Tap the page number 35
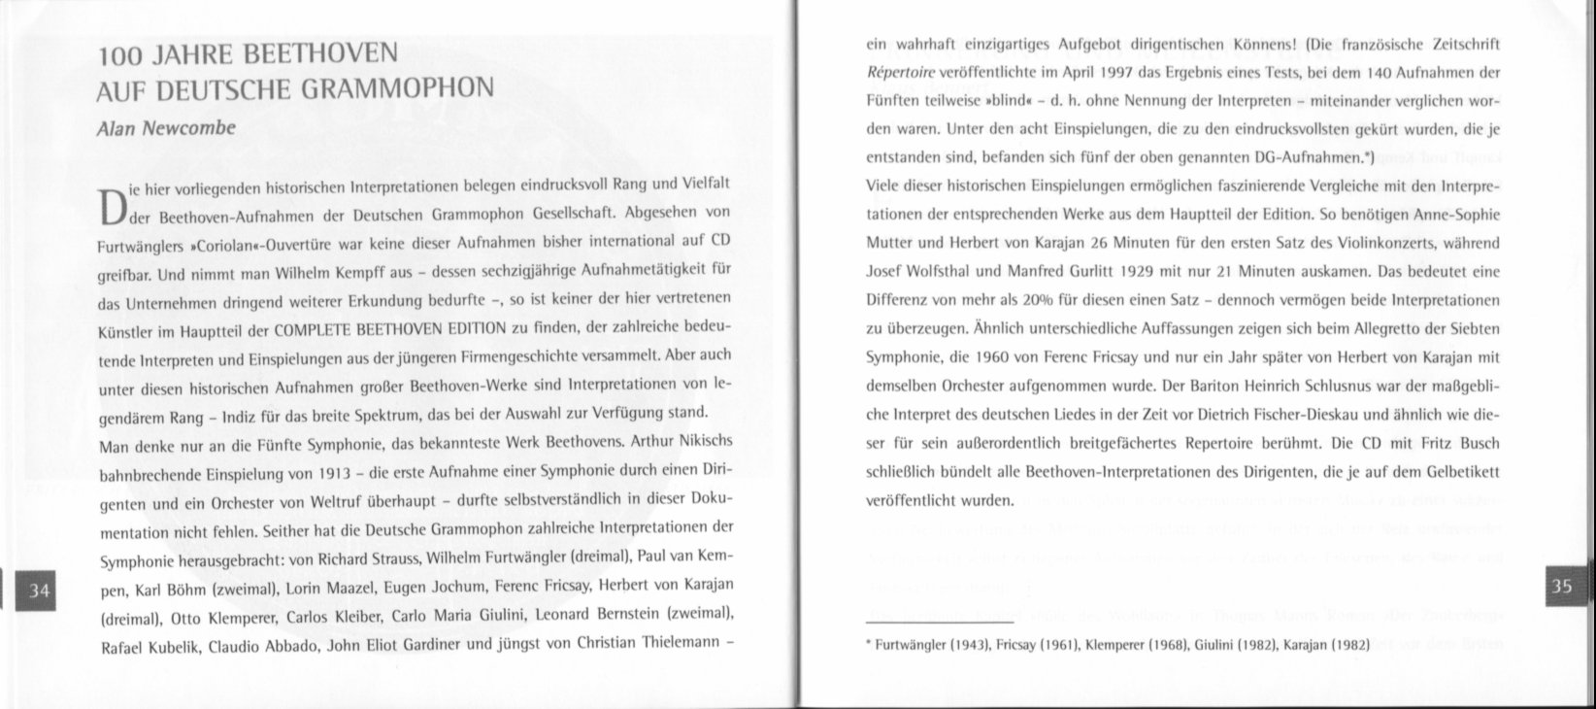[1562, 586]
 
